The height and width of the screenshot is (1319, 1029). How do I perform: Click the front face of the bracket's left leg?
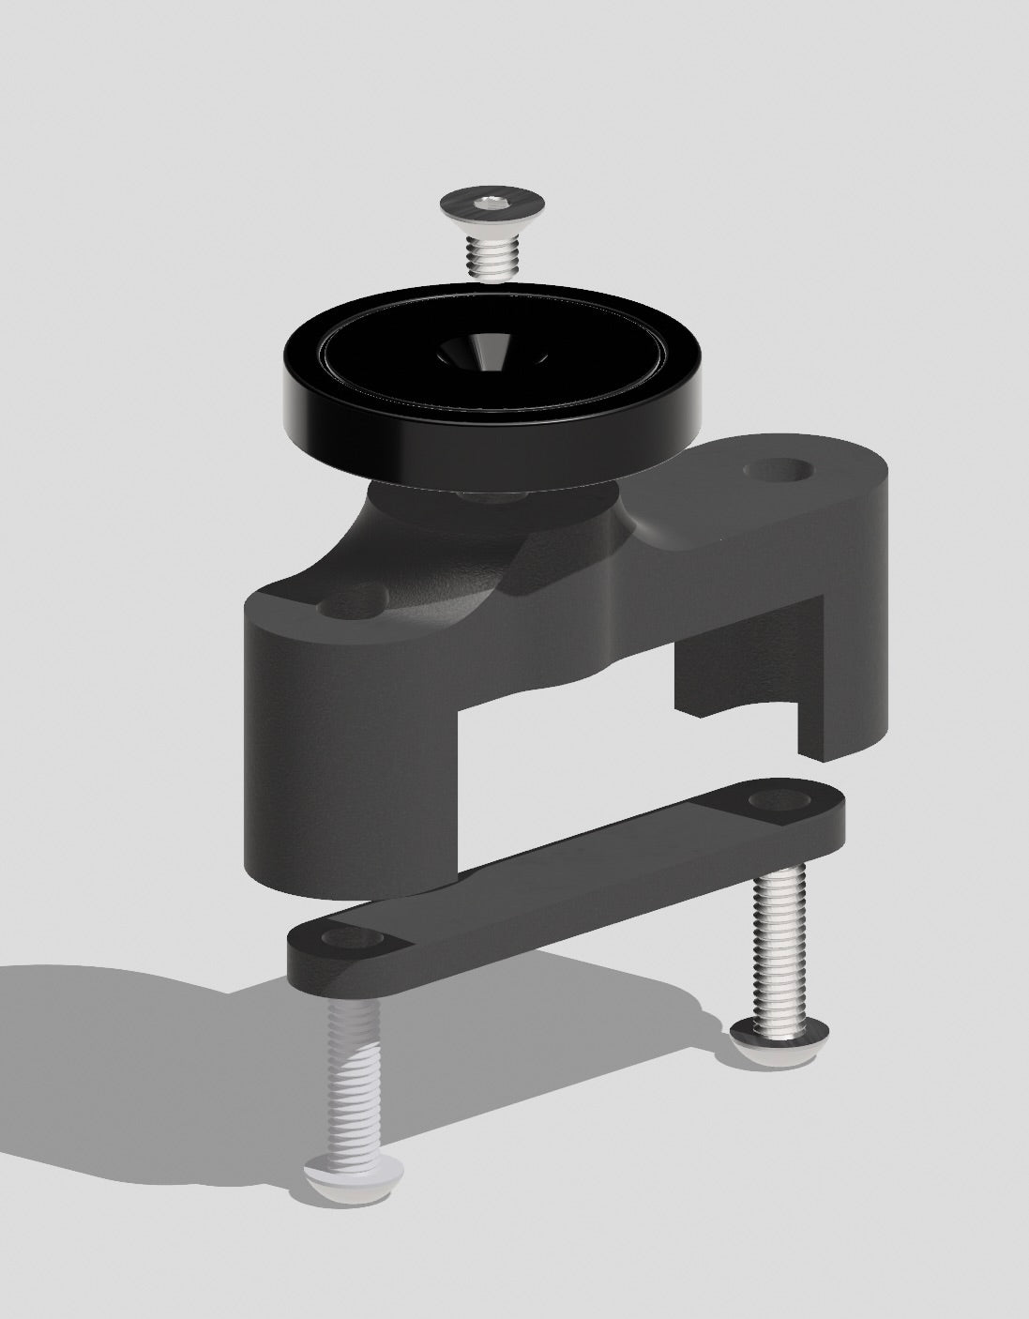pos(347,732)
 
